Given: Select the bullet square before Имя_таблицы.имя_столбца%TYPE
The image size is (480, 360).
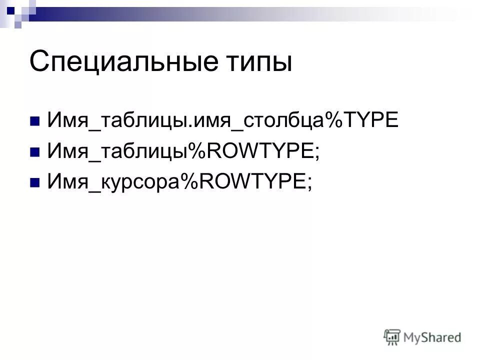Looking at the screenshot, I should pos(35,121).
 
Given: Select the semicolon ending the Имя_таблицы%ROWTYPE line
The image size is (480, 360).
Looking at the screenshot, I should pos(316,152).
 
